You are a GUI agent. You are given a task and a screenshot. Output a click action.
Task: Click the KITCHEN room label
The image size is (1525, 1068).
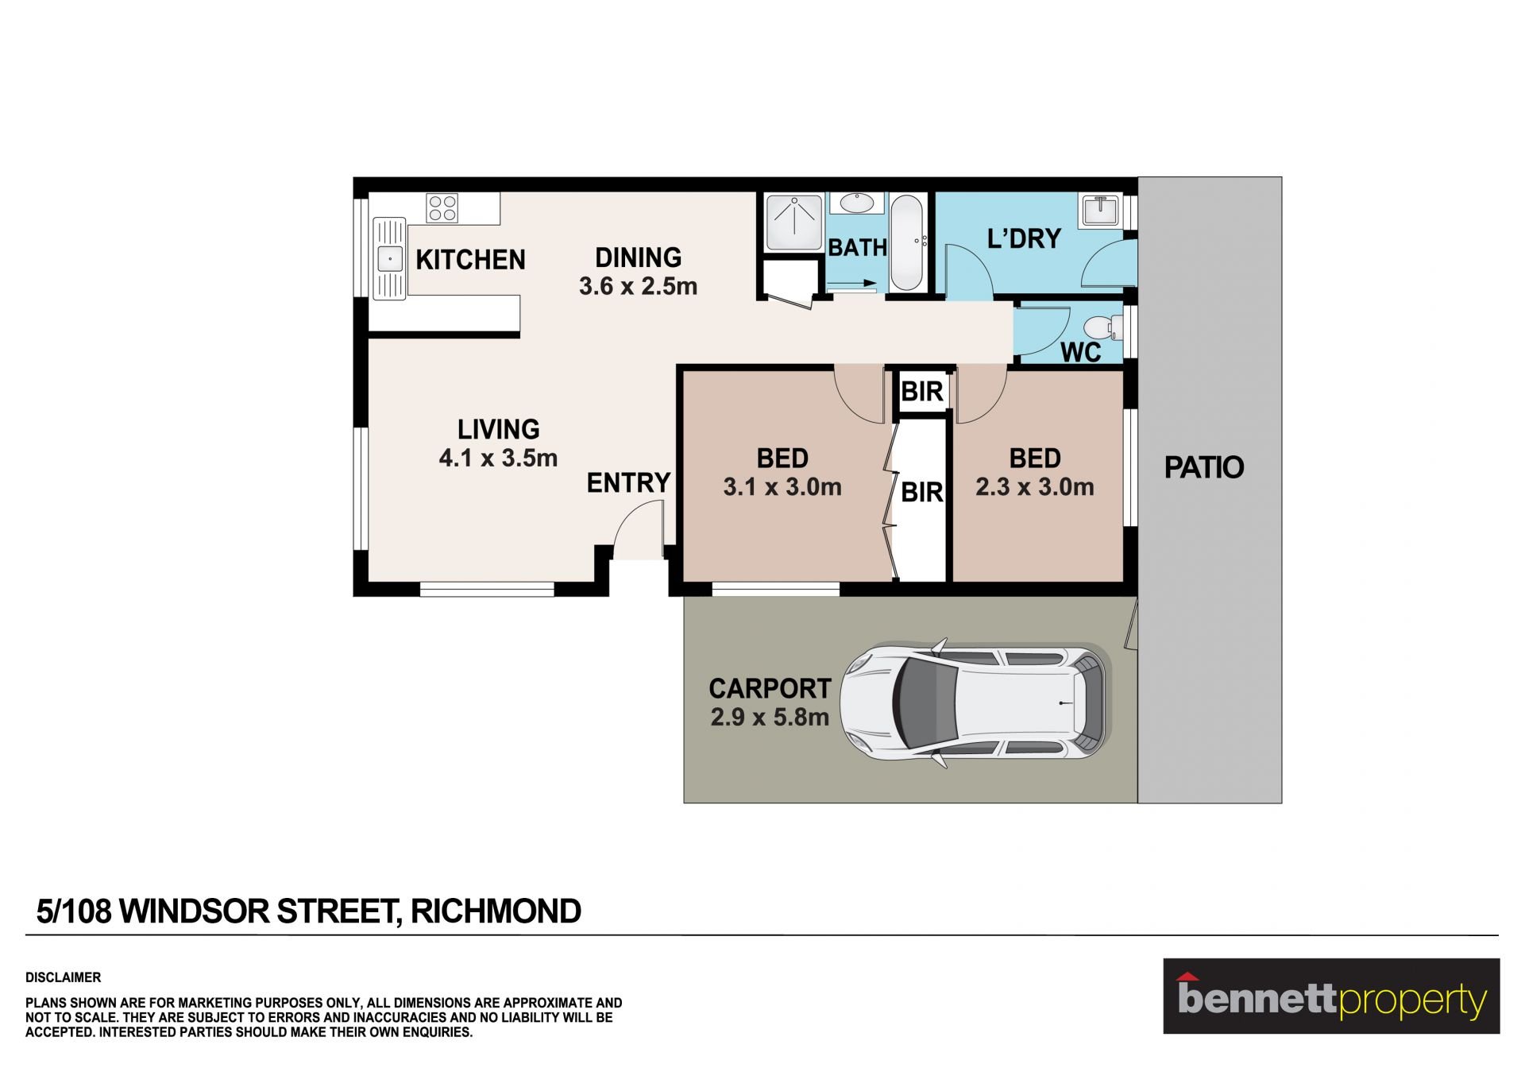click(470, 260)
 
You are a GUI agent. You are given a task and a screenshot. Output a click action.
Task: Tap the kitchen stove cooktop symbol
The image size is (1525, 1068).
click(442, 208)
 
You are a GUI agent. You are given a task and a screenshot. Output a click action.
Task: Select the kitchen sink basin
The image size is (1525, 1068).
click(389, 259)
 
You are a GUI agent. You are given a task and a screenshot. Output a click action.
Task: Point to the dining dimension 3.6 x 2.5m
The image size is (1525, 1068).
click(638, 286)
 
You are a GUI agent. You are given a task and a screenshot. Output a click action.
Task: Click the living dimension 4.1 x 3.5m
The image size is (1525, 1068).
click(498, 459)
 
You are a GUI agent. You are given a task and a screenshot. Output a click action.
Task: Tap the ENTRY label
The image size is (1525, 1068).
click(628, 483)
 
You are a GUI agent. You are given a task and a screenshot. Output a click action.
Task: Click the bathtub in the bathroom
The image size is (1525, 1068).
click(906, 242)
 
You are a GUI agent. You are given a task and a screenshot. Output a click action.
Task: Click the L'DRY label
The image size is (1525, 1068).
click(1024, 239)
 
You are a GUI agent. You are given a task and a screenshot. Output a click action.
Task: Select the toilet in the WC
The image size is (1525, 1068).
click(1103, 327)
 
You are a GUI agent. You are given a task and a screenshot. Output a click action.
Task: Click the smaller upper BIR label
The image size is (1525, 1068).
click(921, 392)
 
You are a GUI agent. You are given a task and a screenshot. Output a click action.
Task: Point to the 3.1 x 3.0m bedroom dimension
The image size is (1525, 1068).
click(782, 487)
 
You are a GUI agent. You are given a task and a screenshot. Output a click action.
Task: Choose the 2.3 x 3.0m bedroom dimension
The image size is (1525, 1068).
click(1035, 487)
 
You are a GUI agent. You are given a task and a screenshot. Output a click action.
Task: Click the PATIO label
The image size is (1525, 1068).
click(1203, 467)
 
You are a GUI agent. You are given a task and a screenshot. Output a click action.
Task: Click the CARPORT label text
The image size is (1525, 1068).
click(770, 688)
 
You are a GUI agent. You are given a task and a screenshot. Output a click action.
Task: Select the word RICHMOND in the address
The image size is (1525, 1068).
click(496, 911)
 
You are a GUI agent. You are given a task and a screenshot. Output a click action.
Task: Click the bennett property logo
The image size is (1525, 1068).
click(1331, 996)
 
